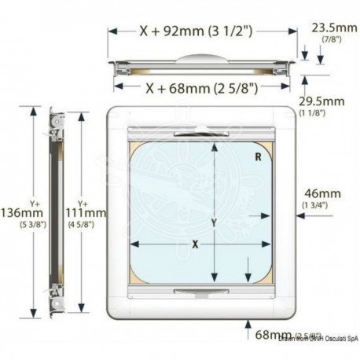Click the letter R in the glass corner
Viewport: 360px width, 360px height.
[x=258, y=157]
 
